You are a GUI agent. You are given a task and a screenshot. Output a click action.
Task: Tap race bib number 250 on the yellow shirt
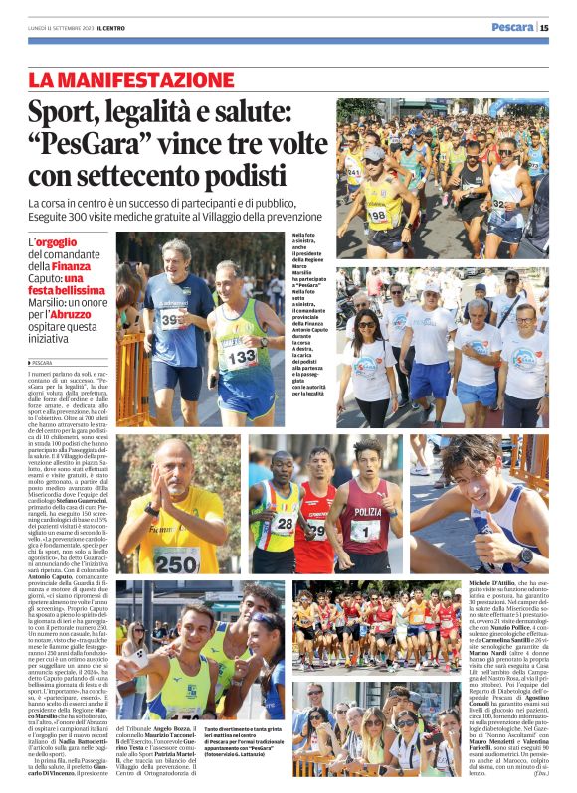(x=175, y=562)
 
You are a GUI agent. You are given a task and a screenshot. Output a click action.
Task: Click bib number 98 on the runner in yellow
(x=379, y=214)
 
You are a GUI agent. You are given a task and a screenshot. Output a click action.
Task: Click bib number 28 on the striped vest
(x=285, y=524)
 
